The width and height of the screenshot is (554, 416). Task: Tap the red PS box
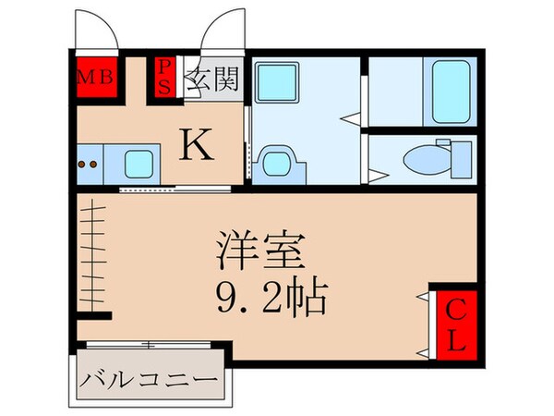pos(164,76)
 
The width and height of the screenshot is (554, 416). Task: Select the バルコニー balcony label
pos(148,380)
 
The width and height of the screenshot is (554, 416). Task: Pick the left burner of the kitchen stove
pos(83,166)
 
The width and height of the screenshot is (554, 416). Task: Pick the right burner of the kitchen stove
pos(94,166)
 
